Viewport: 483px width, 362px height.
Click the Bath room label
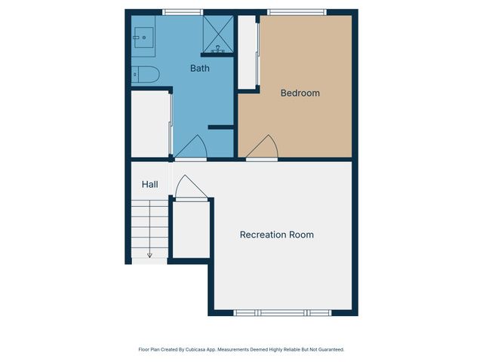point(199,69)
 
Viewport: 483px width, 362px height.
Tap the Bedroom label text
point(300,94)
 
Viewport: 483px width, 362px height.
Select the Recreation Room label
point(276,235)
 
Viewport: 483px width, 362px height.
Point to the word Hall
point(149,184)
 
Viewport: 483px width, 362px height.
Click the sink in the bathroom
point(143,36)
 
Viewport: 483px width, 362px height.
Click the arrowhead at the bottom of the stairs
point(149,256)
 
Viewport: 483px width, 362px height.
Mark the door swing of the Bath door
point(192,146)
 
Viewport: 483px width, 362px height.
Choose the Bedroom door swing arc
point(263,147)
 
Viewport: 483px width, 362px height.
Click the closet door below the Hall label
point(188,188)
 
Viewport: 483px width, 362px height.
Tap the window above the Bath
point(183,12)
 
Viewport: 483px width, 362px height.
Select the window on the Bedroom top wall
point(297,12)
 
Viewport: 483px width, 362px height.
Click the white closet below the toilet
point(150,124)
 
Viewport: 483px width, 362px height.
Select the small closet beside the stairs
point(191,229)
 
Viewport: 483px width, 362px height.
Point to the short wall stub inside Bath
point(220,127)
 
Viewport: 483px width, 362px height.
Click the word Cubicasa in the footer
point(195,350)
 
